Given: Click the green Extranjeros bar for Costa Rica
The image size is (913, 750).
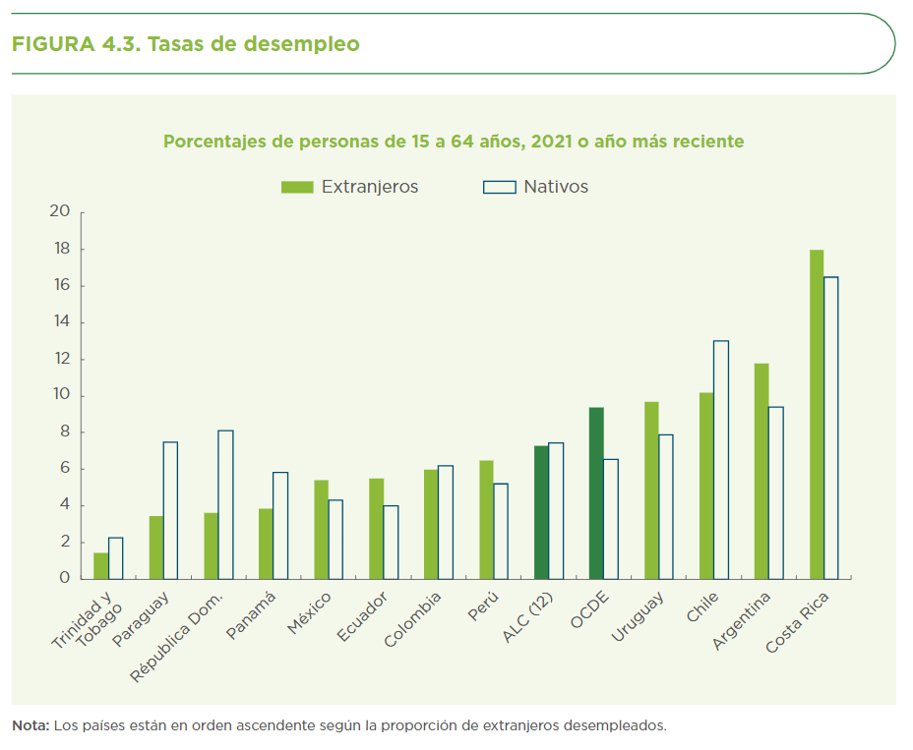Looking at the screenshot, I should [x=817, y=414].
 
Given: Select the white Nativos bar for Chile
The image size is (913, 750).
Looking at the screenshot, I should [x=721, y=459].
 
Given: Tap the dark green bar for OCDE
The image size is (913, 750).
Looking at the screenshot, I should [x=596, y=492].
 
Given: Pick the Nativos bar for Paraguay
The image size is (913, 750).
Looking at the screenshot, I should [x=170, y=509].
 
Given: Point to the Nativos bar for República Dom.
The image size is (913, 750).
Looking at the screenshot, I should [x=225, y=504].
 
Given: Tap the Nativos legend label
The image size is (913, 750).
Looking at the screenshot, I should [x=556, y=187].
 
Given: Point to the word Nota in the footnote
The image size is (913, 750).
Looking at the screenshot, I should [x=30, y=726].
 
